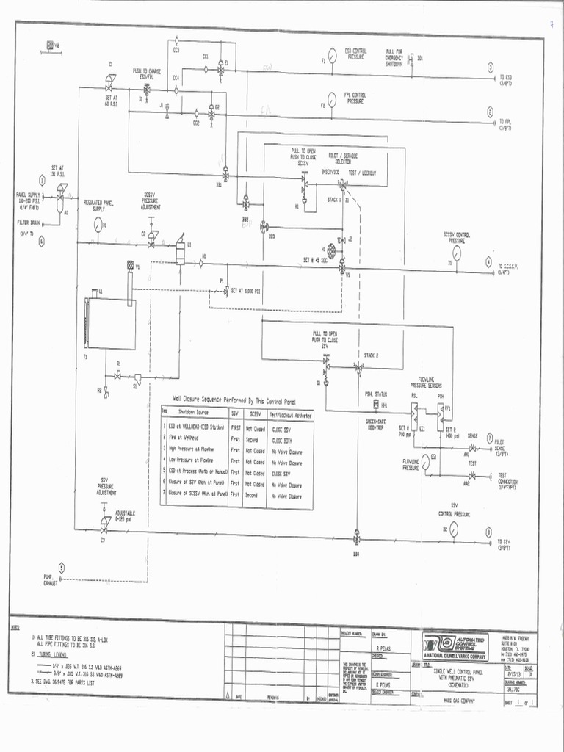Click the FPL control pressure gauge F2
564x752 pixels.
click(331, 106)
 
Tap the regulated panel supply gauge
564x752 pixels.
click(97, 228)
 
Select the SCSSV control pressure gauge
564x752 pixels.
click(457, 253)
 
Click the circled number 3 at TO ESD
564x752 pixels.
click(490, 68)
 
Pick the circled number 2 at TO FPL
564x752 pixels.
click(490, 112)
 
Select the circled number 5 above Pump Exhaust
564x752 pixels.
click(62, 567)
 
